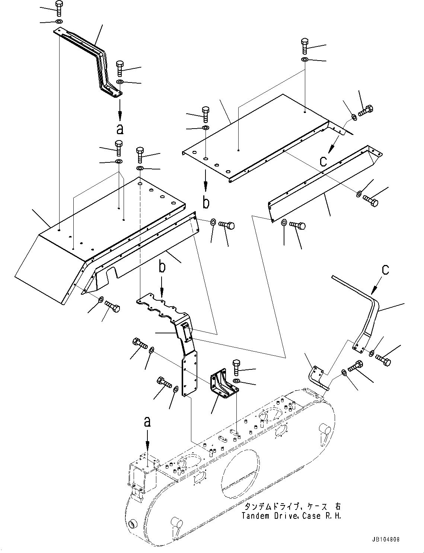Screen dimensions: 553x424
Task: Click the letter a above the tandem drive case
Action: click(148, 421)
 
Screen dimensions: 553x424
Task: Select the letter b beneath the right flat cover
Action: click(206, 203)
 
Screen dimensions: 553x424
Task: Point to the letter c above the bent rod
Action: click(385, 269)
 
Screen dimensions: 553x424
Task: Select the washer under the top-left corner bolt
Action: click(59, 21)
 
